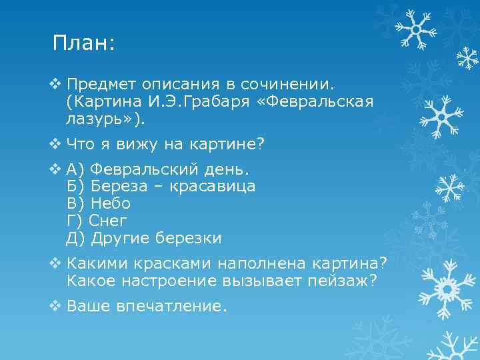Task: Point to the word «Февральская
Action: point(326,101)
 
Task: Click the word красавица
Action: point(213,186)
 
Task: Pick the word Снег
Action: point(108,220)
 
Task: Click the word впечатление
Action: point(172,306)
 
